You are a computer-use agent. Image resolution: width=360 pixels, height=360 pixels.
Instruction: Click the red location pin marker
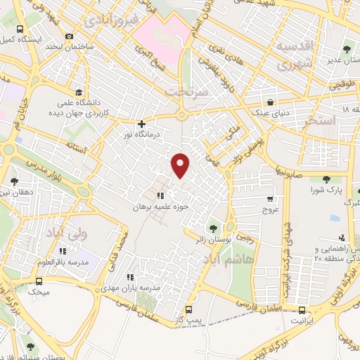[x=181, y=165]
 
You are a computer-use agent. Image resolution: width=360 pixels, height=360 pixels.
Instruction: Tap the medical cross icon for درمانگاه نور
[x=141, y=123]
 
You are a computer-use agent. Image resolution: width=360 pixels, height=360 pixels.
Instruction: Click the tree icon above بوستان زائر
[x=212, y=227]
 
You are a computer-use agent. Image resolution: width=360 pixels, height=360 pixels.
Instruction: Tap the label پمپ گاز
[x=189, y=321]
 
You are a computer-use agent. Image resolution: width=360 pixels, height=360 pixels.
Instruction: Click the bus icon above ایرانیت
[x=302, y=309]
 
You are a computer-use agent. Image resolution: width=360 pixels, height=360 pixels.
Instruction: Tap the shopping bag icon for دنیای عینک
[x=271, y=101]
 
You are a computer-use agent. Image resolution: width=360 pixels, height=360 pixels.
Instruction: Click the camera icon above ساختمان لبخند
[x=68, y=36]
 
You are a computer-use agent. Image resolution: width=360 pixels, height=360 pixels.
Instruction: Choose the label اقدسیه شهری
[x=293, y=56]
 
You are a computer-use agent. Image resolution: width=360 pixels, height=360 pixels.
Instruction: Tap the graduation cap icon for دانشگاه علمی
[x=79, y=92]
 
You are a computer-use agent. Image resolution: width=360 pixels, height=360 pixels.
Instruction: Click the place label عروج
[x=271, y=210]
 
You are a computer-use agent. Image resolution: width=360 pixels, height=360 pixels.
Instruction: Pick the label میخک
[x=39, y=290]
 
